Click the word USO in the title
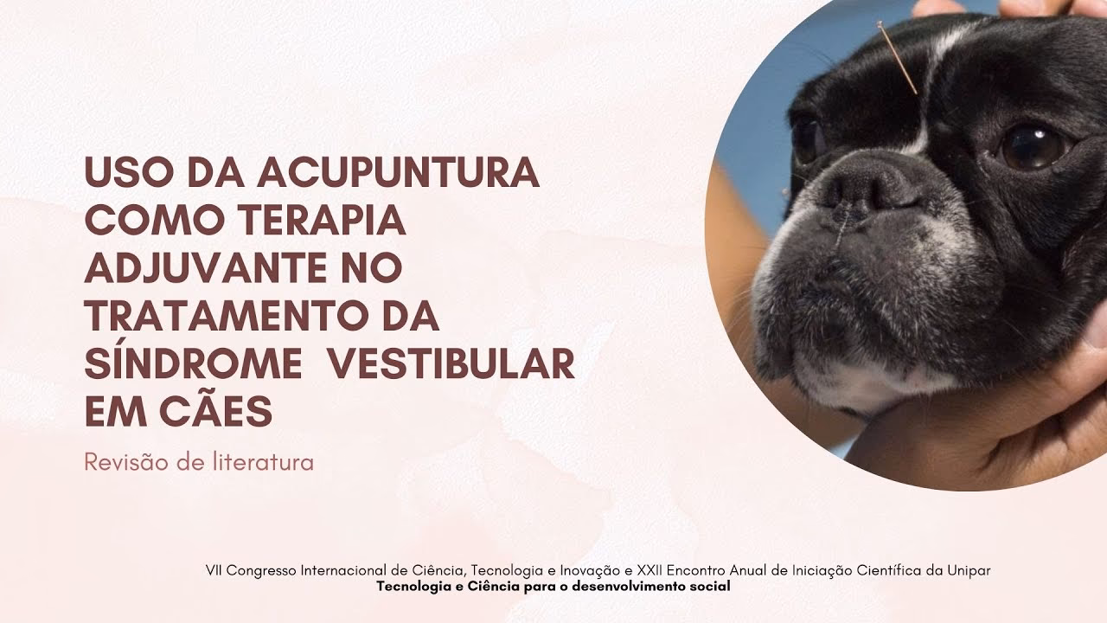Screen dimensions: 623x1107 122,173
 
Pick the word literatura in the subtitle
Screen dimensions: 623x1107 261,462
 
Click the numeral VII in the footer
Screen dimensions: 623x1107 214,570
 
